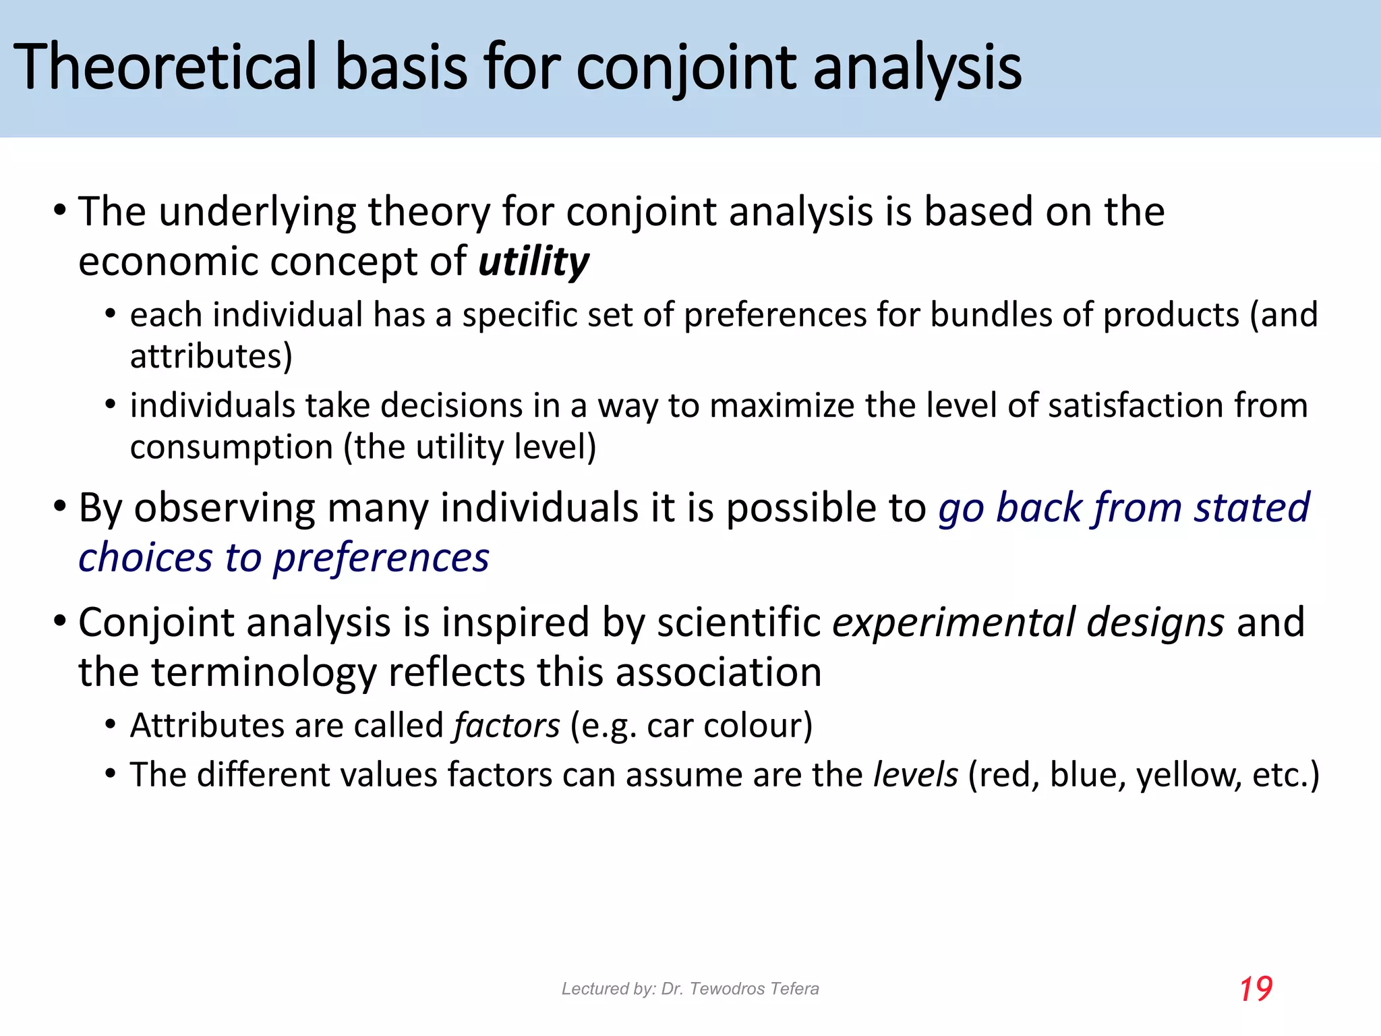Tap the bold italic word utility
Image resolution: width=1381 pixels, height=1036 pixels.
click(x=533, y=262)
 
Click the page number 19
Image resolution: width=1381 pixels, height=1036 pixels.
click(x=1256, y=989)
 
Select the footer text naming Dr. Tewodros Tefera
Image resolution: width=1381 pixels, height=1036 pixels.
click(x=690, y=989)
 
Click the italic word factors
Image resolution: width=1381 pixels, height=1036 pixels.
click(x=506, y=726)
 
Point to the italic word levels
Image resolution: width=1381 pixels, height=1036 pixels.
click(x=915, y=774)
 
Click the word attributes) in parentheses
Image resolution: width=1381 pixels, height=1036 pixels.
click(x=211, y=356)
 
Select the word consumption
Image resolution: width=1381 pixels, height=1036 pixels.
click(x=231, y=447)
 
